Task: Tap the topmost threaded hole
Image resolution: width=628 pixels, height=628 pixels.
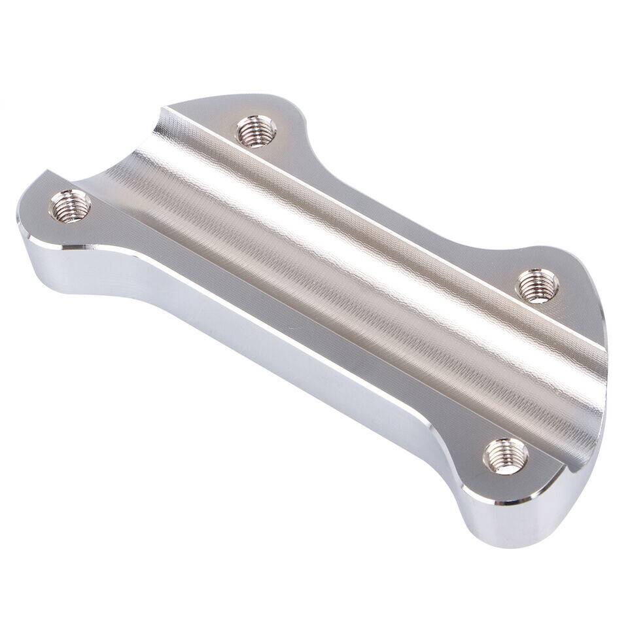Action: pos(256,130)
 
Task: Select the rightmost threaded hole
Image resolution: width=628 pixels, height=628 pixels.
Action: pos(538,285)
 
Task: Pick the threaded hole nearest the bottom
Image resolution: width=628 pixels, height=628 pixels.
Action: pos(506,455)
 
